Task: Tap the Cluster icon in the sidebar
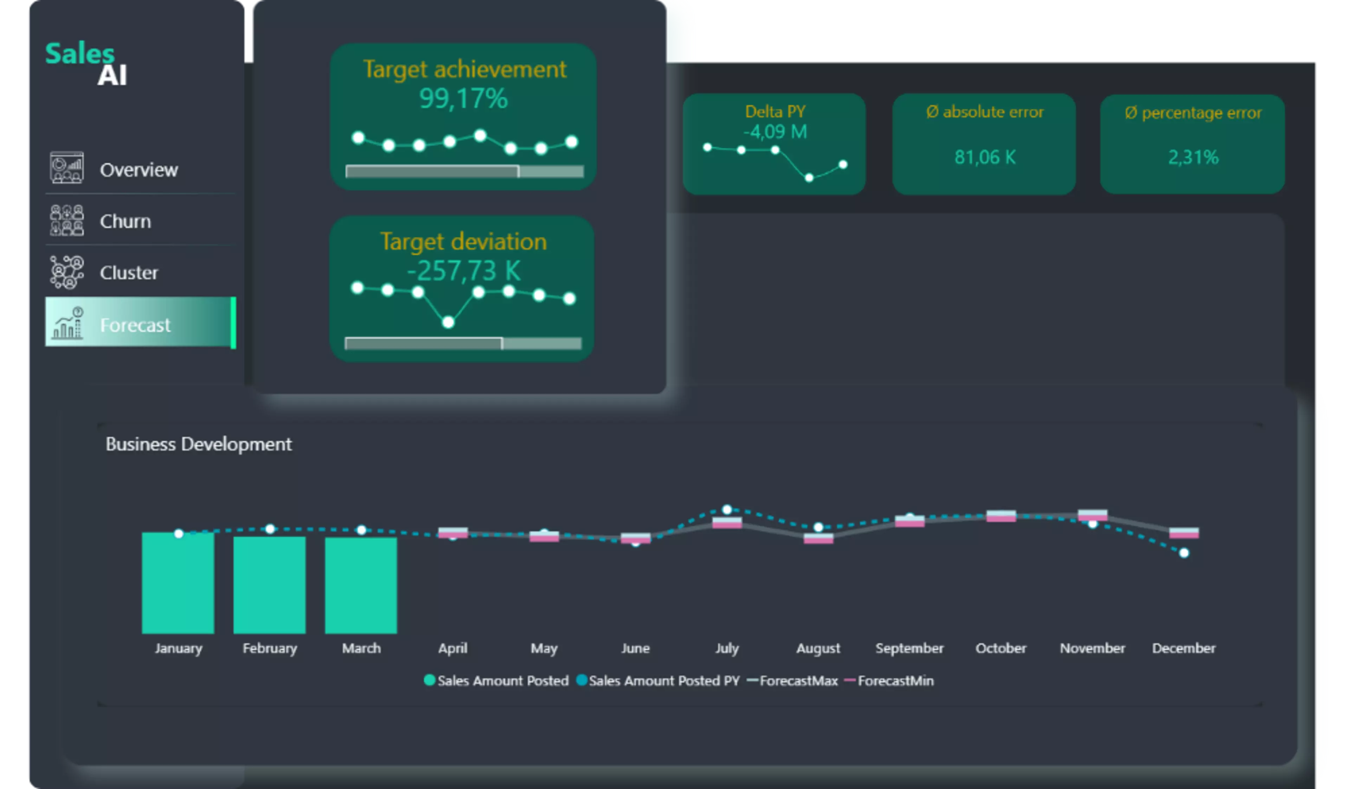tap(67, 272)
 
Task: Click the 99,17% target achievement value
tap(463, 98)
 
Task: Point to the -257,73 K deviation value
tap(463, 270)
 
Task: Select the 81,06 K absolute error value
tap(985, 157)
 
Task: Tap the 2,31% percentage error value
tap(1193, 157)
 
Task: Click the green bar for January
tap(178, 582)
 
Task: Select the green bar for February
tap(269, 585)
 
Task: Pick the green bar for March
tap(361, 585)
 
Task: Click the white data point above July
tap(727, 509)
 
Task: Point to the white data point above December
tap(1184, 553)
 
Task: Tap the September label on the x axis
tap(909, 648)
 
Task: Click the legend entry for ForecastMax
tap(792, 681)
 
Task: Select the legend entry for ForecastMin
tap(889, 681)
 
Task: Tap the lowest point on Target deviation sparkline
tap(448, 322)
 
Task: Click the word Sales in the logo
tap(80, 53)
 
